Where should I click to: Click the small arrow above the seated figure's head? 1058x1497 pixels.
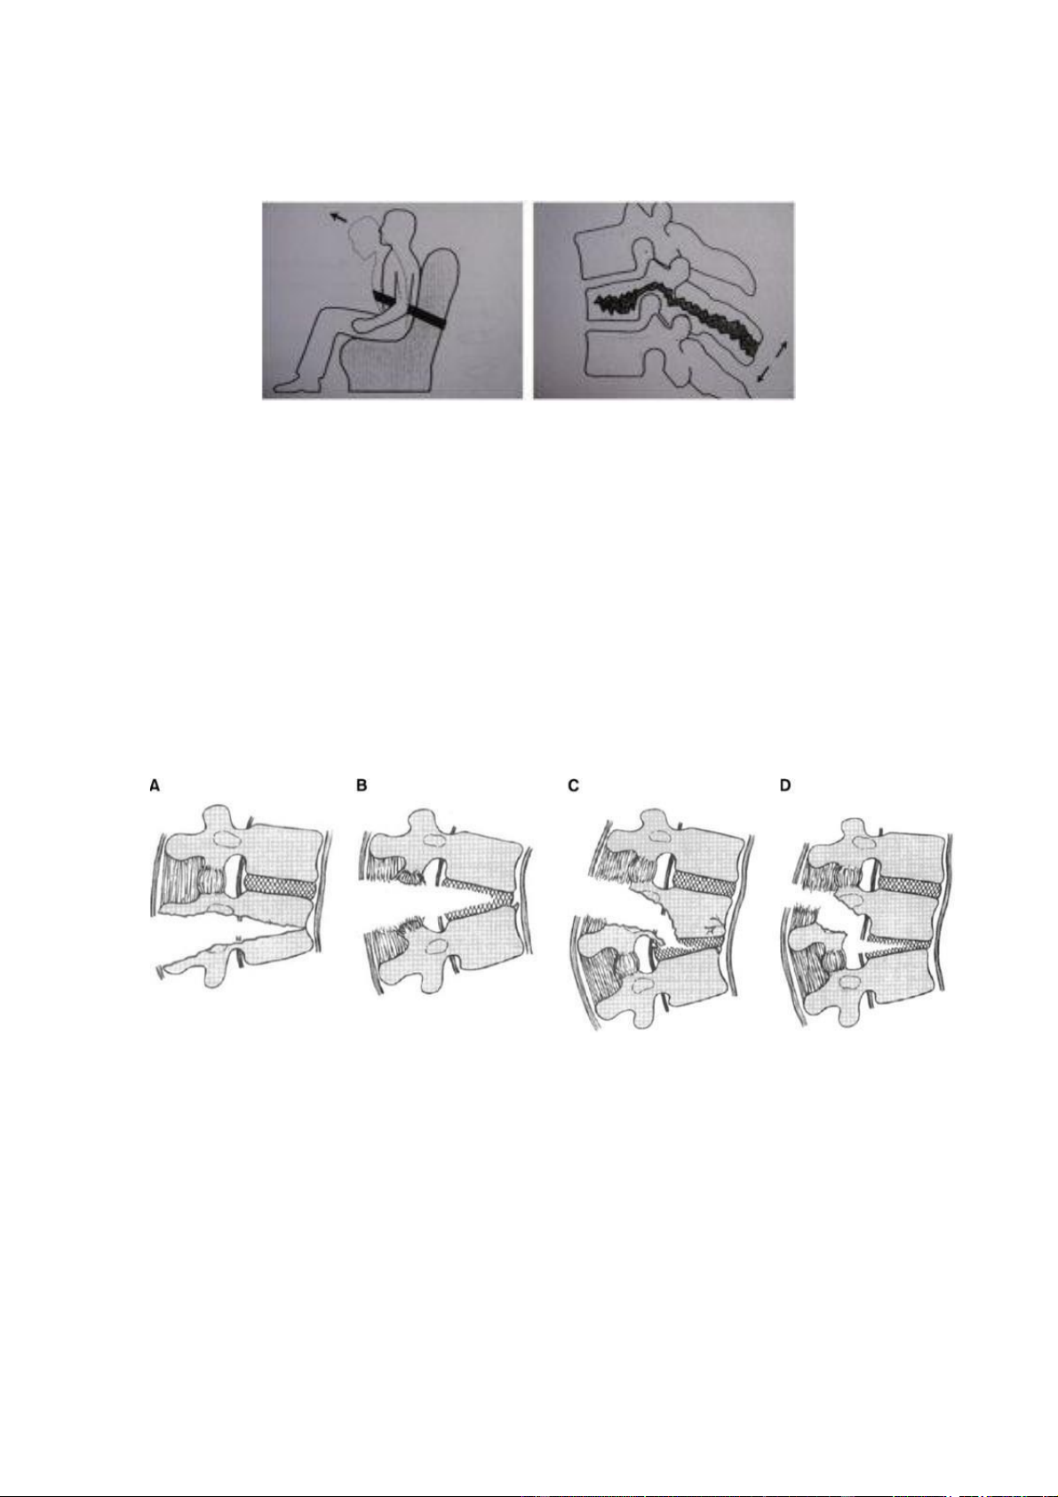[x=338, y=216]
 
